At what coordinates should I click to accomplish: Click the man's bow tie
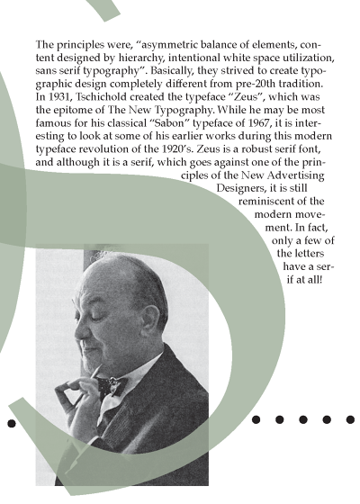click(x=109, y=388)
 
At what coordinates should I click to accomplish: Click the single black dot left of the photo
click(x=11, y=422)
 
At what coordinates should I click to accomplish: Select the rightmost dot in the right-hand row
click(x=349, y=419)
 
